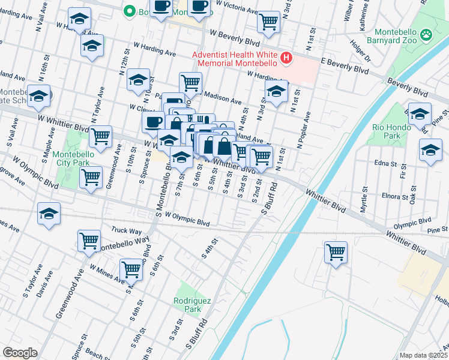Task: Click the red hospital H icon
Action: pyautogui.click(x=286, y=58)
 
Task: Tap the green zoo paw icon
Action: pyautogui.click(x=426, y=35)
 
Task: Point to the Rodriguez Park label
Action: pyautogui.click(x=187, y=304)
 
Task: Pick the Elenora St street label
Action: pyautogui.click(x=393, y=196)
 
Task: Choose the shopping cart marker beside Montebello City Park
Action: pyautogui.click(x=100, y=136)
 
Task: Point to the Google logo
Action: pyautogui.click(x=20, y=353)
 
